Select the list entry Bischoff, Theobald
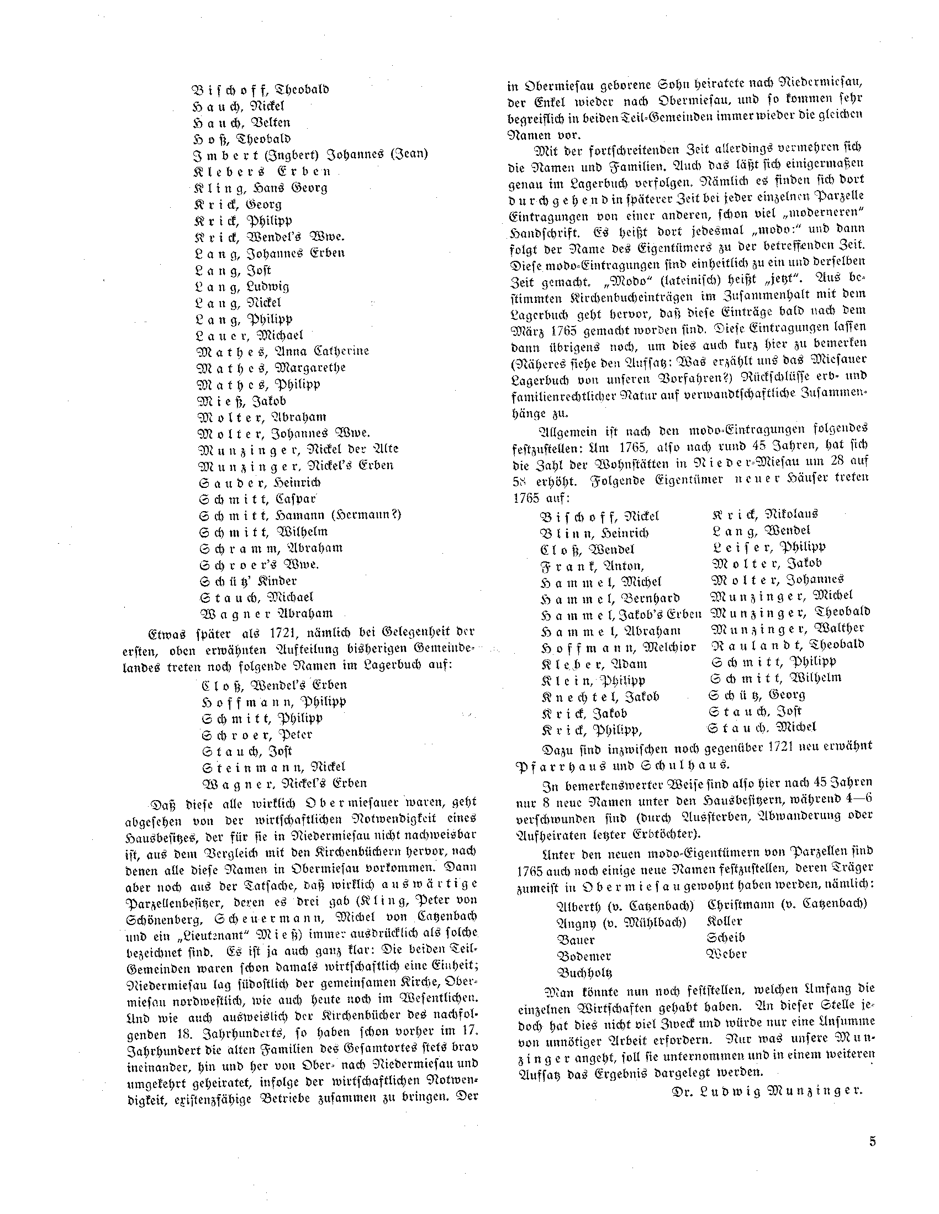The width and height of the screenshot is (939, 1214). (261, 90)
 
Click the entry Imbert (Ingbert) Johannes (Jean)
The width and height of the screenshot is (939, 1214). (309, 155)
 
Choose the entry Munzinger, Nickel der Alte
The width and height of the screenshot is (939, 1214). (298, 449)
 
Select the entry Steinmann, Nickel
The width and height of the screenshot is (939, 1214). (273, 767)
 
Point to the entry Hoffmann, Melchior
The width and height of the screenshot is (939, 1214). (618, 648)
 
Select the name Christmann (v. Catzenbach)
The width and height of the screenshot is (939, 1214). (786, 905)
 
